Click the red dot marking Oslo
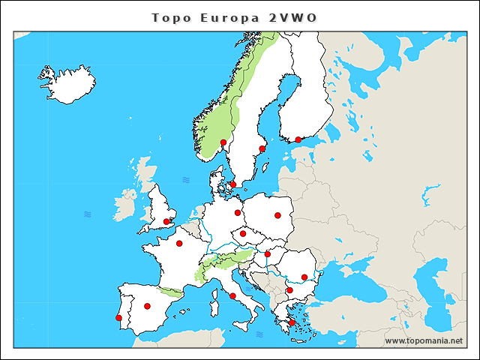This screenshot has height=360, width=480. point(223,142)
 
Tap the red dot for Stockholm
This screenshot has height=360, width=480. point(262,148)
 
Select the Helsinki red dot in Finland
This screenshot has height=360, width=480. point(298,139)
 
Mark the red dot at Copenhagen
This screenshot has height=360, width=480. point(232,184)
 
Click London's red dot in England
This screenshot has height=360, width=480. point(166,221)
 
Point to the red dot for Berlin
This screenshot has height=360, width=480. point(238,212)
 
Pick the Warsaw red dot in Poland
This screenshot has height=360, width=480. point(277,215)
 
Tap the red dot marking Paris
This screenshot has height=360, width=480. point(179,243)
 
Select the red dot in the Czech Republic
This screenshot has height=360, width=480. point(242,233)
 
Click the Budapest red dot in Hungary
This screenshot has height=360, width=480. point(267,254)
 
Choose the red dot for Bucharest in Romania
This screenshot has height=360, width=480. point(304,277)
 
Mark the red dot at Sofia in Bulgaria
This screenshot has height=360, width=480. point(289,289)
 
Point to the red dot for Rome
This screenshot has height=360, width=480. point(232,295)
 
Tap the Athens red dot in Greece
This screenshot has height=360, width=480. point(292,323)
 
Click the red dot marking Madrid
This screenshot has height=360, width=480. point(147,306)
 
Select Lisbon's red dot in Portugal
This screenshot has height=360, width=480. point(118,318)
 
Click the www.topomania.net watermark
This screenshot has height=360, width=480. point(424,340)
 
